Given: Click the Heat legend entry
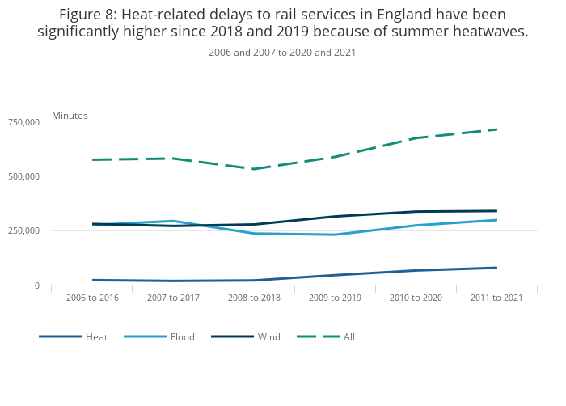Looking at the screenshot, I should click(x=96, y=336).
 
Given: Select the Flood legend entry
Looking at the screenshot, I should click(x=182, y=336).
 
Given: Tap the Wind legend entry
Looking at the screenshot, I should click(x=268, y=336).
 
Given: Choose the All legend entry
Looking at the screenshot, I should click(x=348, y=336).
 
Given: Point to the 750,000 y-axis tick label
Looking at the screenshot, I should click(x=23, y=122).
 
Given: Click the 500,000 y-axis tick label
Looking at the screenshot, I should click(x=23, y=176).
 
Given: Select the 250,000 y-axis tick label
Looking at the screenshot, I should click(x=23, y=231).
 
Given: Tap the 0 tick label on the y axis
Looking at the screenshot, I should click(x=36, y=285).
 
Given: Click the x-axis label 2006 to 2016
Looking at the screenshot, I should click(x=92, y=298).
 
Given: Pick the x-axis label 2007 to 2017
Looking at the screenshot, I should click(x=173, y=298).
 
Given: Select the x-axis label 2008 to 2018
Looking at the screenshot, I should click(x=254, y=298).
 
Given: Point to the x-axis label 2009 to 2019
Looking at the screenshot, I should click(x=335, y=298).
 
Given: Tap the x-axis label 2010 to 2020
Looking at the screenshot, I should click(x=416, y=298).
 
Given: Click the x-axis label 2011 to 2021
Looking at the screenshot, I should click(x=496, y=298).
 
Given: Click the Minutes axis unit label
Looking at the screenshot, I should click(x=70, y=116).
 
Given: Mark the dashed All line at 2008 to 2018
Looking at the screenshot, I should click(x=254, y=169).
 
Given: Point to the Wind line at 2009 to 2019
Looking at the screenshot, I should click(x=335, y=217).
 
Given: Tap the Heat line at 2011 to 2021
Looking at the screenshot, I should click(x=496, y=268).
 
